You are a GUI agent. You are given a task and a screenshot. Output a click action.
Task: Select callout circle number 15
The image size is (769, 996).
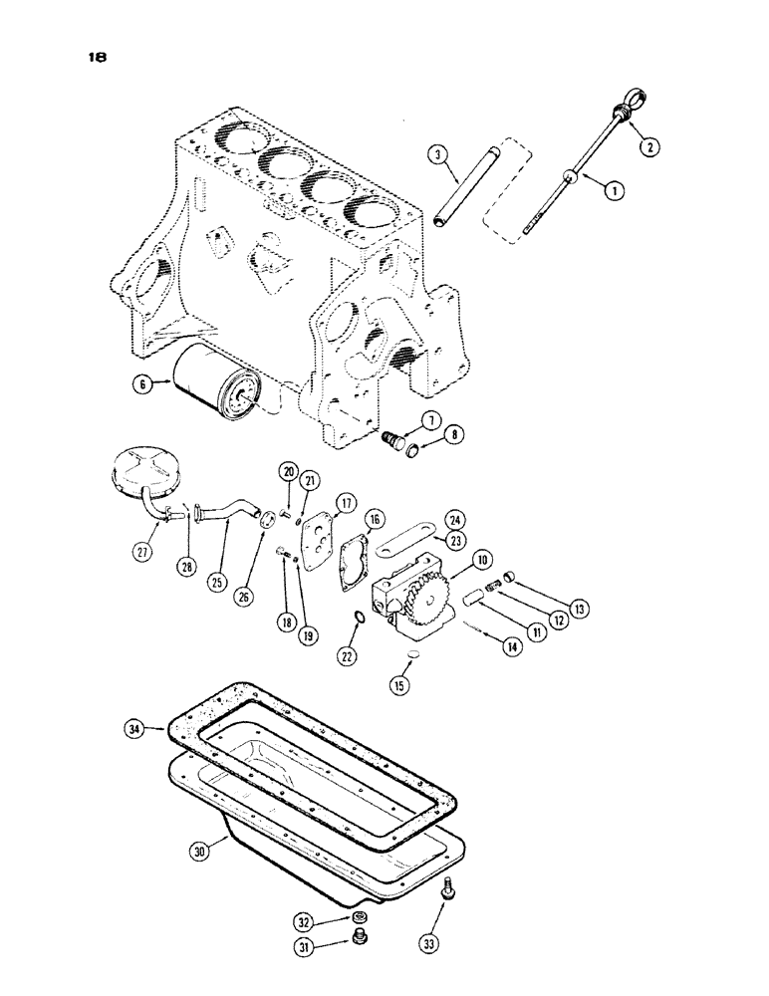(x=402, y=685)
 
